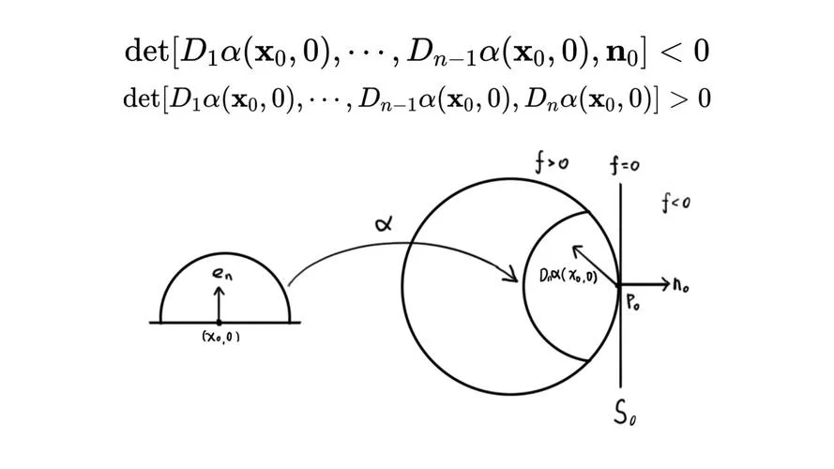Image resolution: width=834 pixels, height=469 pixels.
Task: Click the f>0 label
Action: click(552, 162)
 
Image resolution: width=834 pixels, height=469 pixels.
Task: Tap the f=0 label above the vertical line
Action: click(625, 165)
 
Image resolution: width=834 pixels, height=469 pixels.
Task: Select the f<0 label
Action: click(675, 203)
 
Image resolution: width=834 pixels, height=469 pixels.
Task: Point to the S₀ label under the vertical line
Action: click(625, 413)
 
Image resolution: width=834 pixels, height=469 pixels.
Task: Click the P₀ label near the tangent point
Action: click(633, 304)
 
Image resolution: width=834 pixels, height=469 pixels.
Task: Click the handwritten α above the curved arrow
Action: click(384, 224)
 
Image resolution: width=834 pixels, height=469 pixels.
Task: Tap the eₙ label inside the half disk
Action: click(222, 273)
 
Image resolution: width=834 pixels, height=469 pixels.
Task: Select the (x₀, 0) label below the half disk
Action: click(220, 337)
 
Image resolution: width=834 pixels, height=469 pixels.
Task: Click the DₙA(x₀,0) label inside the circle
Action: click(569, 276)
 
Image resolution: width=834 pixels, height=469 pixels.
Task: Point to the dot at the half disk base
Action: click(219, 323)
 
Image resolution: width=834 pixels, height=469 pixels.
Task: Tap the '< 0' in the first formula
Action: click(684, 52)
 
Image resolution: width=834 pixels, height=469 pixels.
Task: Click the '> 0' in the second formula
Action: click(690, 98)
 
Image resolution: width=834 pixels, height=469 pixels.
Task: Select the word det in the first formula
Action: click(145, 51)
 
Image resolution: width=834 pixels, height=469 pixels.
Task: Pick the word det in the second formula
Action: click(141, 98)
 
